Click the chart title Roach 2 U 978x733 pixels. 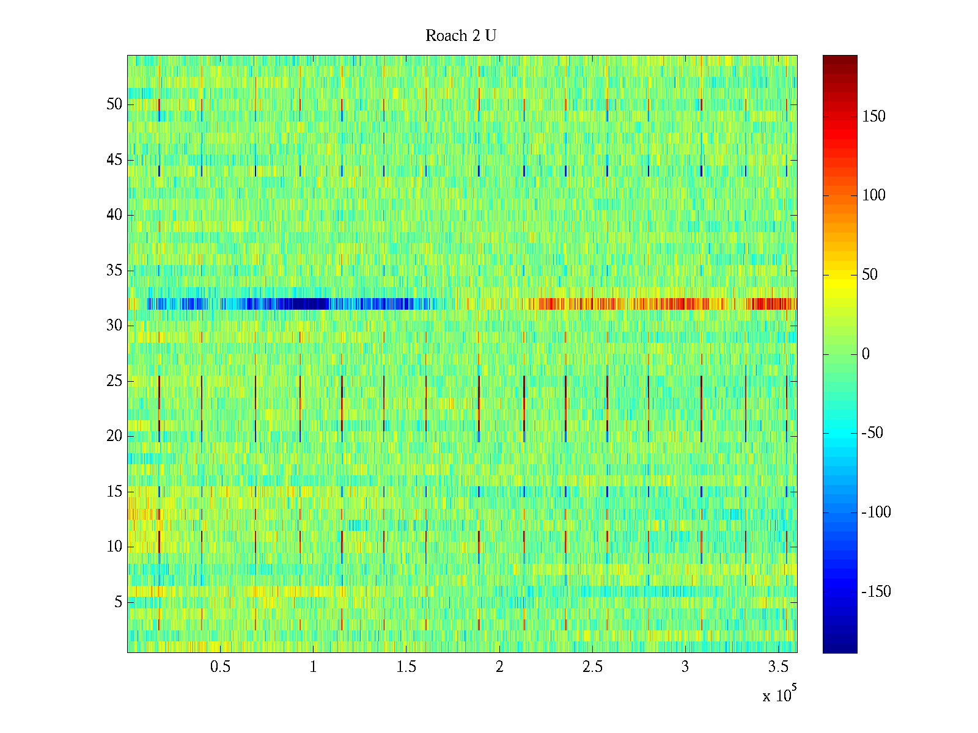click(x=461, y=36)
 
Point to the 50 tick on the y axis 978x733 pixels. click(x=114, y=104)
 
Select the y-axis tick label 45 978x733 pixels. click(x=114, y=160)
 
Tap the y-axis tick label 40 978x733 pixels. click(x=114, y=215)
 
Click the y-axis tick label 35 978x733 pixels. click(x=114, y=271)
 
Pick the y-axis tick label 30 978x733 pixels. click(x=114, y=326)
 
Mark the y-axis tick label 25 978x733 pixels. click(x=114, y=381)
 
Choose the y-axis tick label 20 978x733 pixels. click(x=114, y=436)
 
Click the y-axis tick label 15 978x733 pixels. click(x=114, y=492)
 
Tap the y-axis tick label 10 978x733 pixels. click(x=114, y=547)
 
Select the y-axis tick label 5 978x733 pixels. click(x=118, y=602)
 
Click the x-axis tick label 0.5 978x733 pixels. click(x=220, y=667)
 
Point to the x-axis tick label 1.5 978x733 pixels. click(x=406, y=667)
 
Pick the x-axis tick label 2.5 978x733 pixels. click(x=592, y=667)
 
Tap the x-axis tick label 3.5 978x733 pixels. click(x=778, y=667)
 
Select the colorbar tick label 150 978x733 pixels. click(x=873, y=117)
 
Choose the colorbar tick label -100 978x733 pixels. click(x=876, y=512)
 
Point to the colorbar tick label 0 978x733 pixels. click(x=866, y=354)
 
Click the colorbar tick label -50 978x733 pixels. click(x=872, y=433)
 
